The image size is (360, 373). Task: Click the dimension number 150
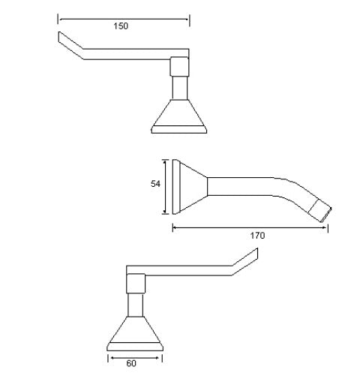point(121,26)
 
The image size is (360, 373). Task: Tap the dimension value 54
point(154,185)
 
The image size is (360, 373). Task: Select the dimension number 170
point(256,235)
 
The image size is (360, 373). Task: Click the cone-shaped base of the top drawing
point(179,114)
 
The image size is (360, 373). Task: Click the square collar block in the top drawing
point(179,66)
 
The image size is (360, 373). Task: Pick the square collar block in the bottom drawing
point(136,283)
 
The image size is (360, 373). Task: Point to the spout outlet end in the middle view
point(324,210)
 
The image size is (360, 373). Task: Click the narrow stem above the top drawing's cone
point(179,87)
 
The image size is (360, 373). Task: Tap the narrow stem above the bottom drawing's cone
point(136,303)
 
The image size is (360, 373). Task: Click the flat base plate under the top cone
point(179,130)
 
